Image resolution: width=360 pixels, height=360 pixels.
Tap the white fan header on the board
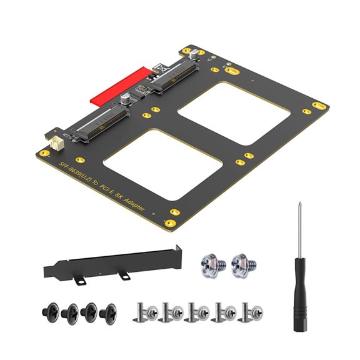(x=56, y=144)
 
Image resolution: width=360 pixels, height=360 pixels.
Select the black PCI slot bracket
(x=112, y=265)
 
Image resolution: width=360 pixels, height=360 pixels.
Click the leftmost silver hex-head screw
(x=213, y=265)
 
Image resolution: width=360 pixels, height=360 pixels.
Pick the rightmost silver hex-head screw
(x=244, y=265)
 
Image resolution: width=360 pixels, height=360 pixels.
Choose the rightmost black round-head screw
(x=108, y=314)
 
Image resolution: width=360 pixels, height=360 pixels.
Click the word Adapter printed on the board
(x=134, y=205)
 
